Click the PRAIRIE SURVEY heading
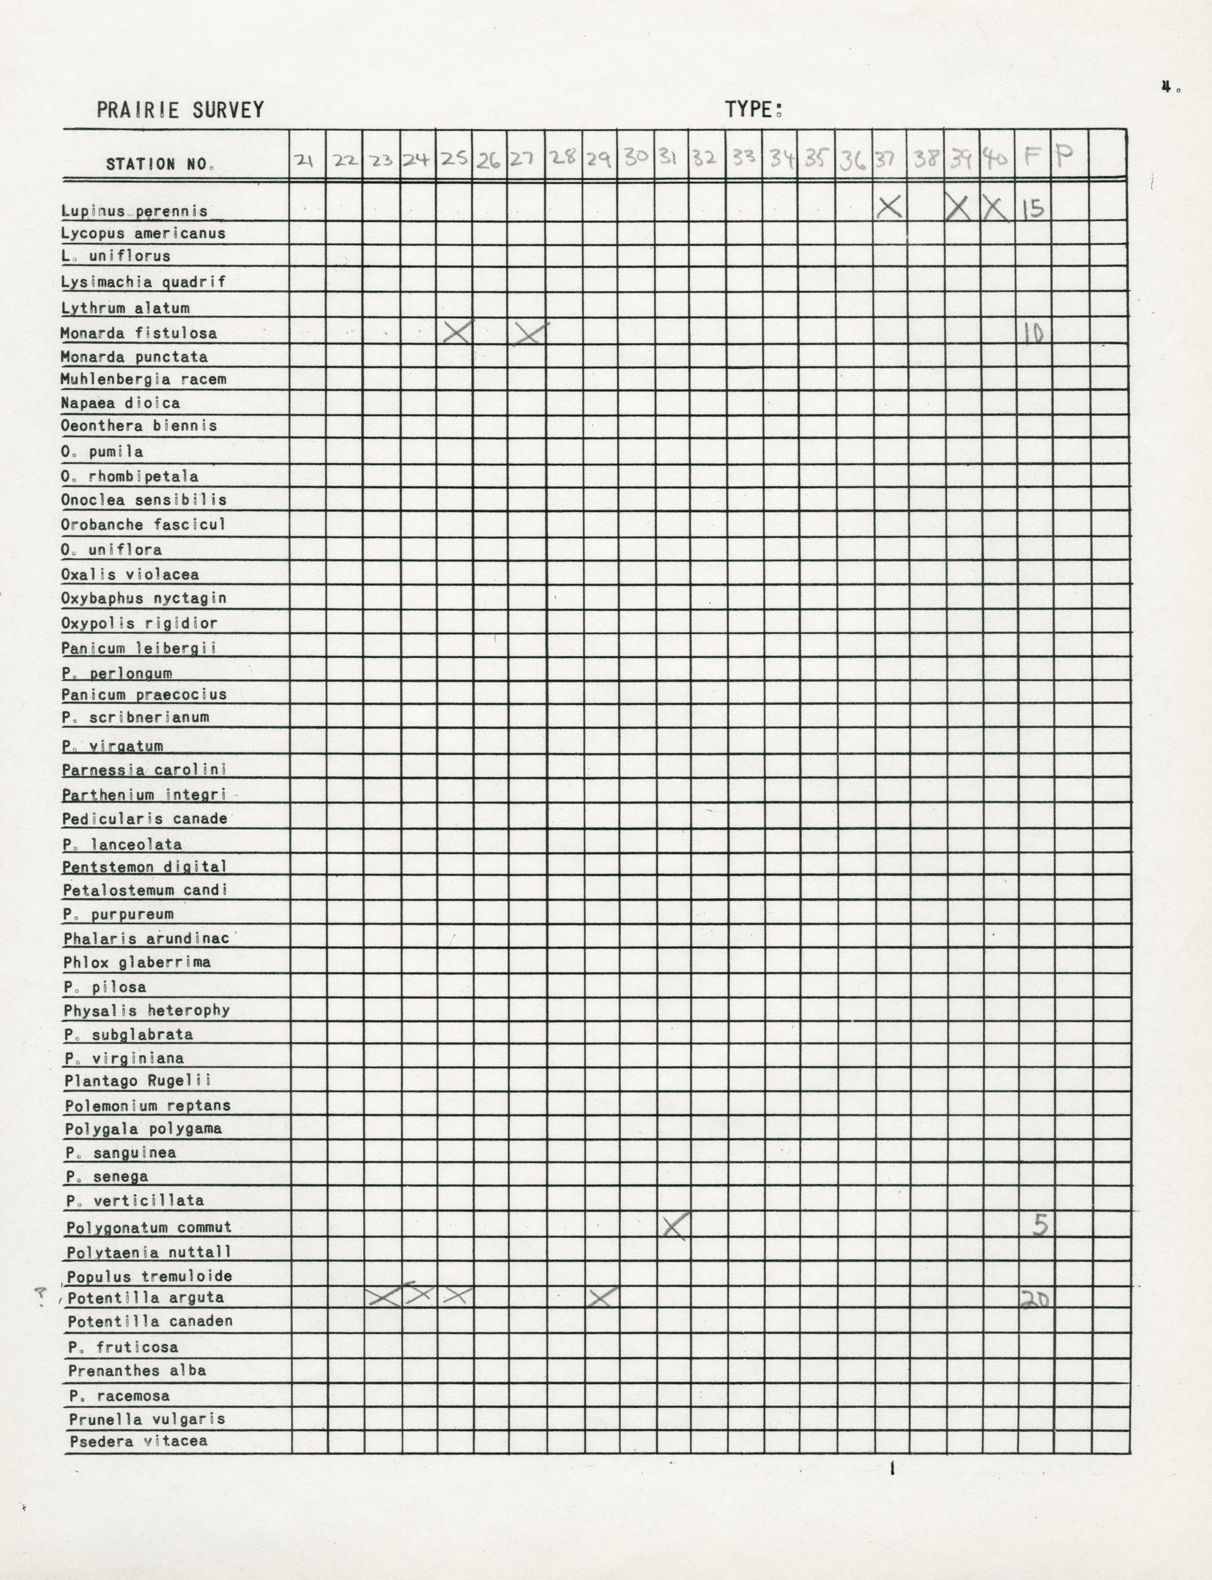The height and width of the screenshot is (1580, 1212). coord(180,110)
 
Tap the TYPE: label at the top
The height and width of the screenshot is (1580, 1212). coord(754,110)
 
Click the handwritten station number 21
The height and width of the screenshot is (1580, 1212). coord(305,160)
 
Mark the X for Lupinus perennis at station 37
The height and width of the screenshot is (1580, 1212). coord(890,208)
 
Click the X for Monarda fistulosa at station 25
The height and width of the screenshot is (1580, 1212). coord(457,332)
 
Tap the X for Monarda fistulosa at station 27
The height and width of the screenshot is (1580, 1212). coord(530,333)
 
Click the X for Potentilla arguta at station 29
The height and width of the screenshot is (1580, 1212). coord(602,1298)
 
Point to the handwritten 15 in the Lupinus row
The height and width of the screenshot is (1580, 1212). coord(1033,209)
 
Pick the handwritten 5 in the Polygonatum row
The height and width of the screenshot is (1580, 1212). coord(1039,1224)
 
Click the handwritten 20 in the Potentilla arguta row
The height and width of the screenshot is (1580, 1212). coord(1035,1299)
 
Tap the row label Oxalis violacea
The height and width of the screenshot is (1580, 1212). coord(130,574)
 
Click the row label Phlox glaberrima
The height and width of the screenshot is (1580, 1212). coord(137,962)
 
